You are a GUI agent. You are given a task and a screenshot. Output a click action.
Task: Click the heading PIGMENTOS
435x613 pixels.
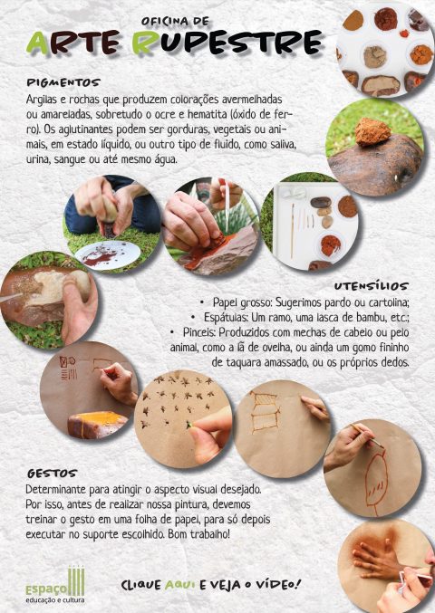coord(63,82)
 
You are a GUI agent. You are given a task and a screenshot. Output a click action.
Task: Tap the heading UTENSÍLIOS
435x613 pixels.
coord(371,286)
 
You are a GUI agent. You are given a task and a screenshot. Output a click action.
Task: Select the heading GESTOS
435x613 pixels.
coord(52,474)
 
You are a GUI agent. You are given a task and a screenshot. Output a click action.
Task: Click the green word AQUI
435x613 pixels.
coord(179,585)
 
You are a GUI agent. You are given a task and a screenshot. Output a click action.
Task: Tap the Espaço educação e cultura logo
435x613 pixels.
coord(55,585)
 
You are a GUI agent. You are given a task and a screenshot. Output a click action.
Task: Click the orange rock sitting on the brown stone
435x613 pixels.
coord(372,132)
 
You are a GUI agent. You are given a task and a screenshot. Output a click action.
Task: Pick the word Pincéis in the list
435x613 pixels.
coord(199,332)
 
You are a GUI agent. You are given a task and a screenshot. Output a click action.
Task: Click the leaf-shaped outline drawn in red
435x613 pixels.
coord(376,482)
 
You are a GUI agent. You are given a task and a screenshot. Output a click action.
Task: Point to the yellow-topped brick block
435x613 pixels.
coord(97,424)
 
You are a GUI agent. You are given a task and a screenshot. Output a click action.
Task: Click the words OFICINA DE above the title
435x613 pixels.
coord(175,21)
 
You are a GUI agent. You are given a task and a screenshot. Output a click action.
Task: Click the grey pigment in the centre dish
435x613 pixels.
coord(375,57)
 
